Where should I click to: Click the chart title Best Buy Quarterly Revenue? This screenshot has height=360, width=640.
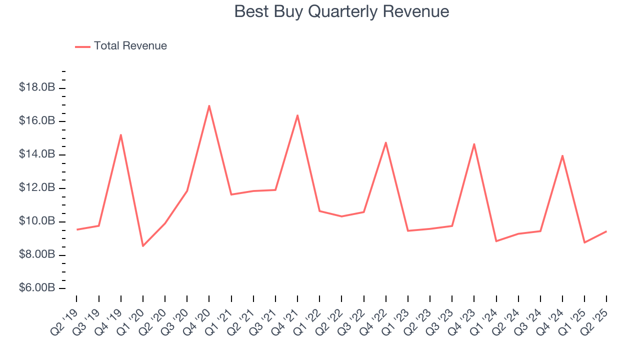pos(341,11)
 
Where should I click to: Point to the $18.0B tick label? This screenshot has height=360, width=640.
pos(37,88)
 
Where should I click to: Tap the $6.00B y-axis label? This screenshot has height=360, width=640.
pos(37,288)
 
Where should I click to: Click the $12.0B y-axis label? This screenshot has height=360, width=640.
pos(37,188)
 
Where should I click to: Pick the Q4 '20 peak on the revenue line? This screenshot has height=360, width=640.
pos(209,105)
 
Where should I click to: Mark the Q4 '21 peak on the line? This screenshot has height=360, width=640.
pos(297,115)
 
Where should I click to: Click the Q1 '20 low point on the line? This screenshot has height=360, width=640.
pos(143,246)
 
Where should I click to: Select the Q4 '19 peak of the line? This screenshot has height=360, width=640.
pos(121,134)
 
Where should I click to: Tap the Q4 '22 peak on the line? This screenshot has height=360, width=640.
pos(386,142)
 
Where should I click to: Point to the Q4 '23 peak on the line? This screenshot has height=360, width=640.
pos(474,144)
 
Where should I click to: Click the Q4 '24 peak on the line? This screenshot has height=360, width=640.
pos(562,155)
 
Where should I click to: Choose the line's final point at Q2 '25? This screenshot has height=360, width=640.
pos(606,231)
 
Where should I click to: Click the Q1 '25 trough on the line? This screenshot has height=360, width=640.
pos(584,242)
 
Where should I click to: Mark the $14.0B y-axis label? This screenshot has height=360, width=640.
pos(37,155)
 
